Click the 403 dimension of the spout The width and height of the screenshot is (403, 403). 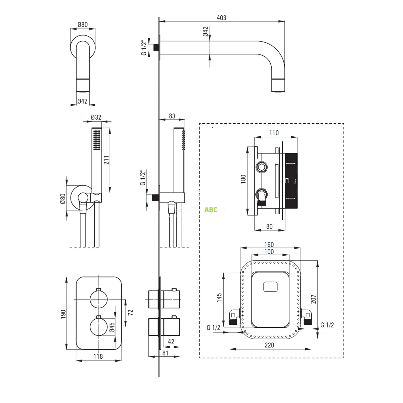tap(222, 18)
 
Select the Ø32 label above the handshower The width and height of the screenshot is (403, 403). tap(96, 117)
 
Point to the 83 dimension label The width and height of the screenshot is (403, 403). tap(172, 116)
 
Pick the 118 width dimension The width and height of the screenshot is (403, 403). tap(98, 356)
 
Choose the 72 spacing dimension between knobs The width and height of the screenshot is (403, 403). tap(131, 312)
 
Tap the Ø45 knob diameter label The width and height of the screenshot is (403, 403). tap(112, 327)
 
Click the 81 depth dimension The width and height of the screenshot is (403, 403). tap(165, 353)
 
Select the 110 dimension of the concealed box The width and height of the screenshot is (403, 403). tap(274, 133)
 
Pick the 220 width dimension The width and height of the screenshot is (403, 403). tap(269, 345)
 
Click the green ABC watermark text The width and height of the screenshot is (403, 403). tap(211, 210)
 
